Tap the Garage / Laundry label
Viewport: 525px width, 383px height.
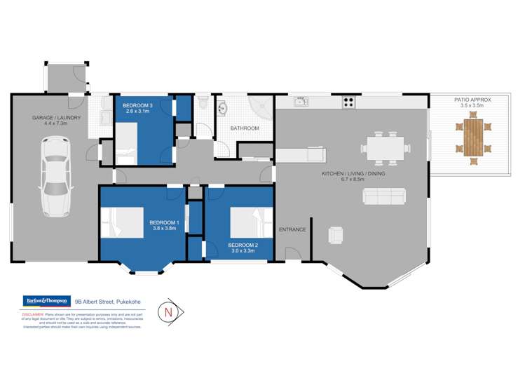click(56, 121)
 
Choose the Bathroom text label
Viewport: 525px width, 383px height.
click(245, 128)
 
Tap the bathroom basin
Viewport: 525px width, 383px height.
click(223, 109)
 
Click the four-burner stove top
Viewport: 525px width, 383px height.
click(348, 102)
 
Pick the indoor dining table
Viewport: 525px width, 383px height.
click(385, 148)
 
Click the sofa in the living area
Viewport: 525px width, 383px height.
click(383, 196)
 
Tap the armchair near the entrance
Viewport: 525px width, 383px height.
click(336, 234)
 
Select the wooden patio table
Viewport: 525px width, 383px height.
click(474, 137)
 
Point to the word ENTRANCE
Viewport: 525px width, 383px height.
click(292, 229)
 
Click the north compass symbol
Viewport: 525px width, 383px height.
click(168, 310)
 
